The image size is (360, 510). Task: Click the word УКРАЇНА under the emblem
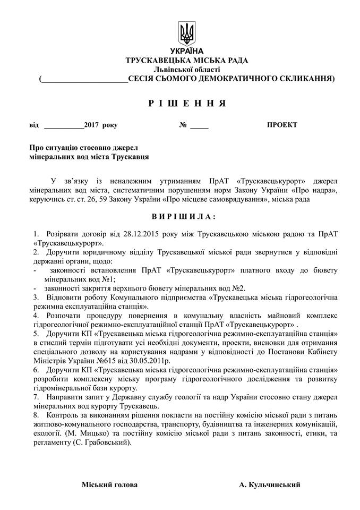coord(186,51)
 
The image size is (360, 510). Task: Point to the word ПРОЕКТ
coord(282,125)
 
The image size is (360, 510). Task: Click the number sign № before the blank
coord(184,125)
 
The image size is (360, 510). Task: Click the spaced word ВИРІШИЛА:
coord(181,217)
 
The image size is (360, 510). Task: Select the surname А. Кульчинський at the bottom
coord(270,484)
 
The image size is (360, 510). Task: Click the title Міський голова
coord(109,484)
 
